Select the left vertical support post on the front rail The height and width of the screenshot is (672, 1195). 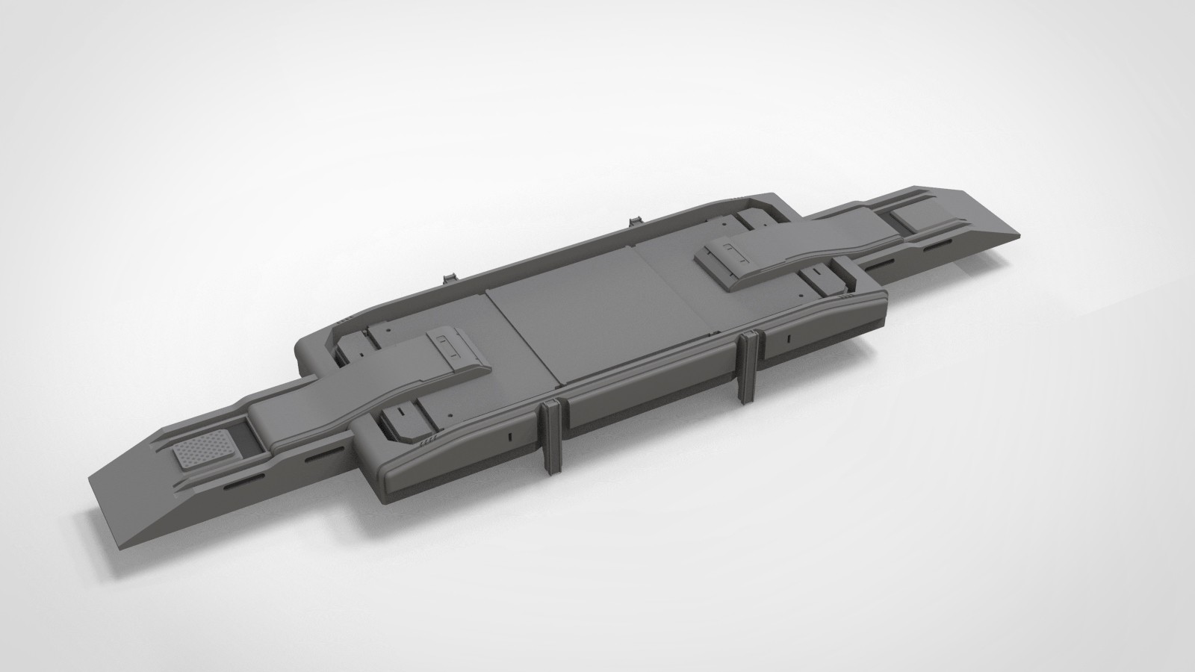pos(552,437)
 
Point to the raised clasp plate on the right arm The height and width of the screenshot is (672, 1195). pos(736,256)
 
